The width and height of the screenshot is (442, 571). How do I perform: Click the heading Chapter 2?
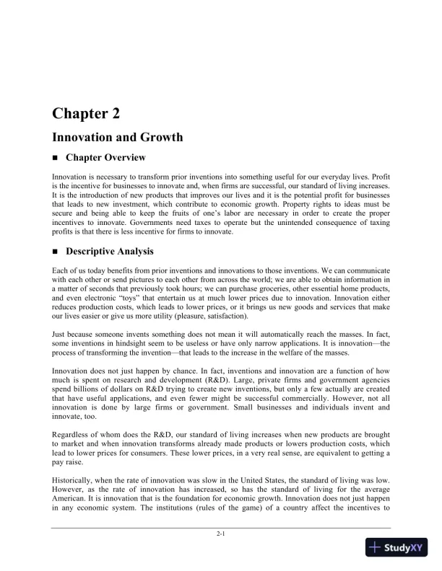(x=86, y=113)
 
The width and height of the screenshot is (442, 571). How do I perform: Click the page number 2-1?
(x=221, y=534)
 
